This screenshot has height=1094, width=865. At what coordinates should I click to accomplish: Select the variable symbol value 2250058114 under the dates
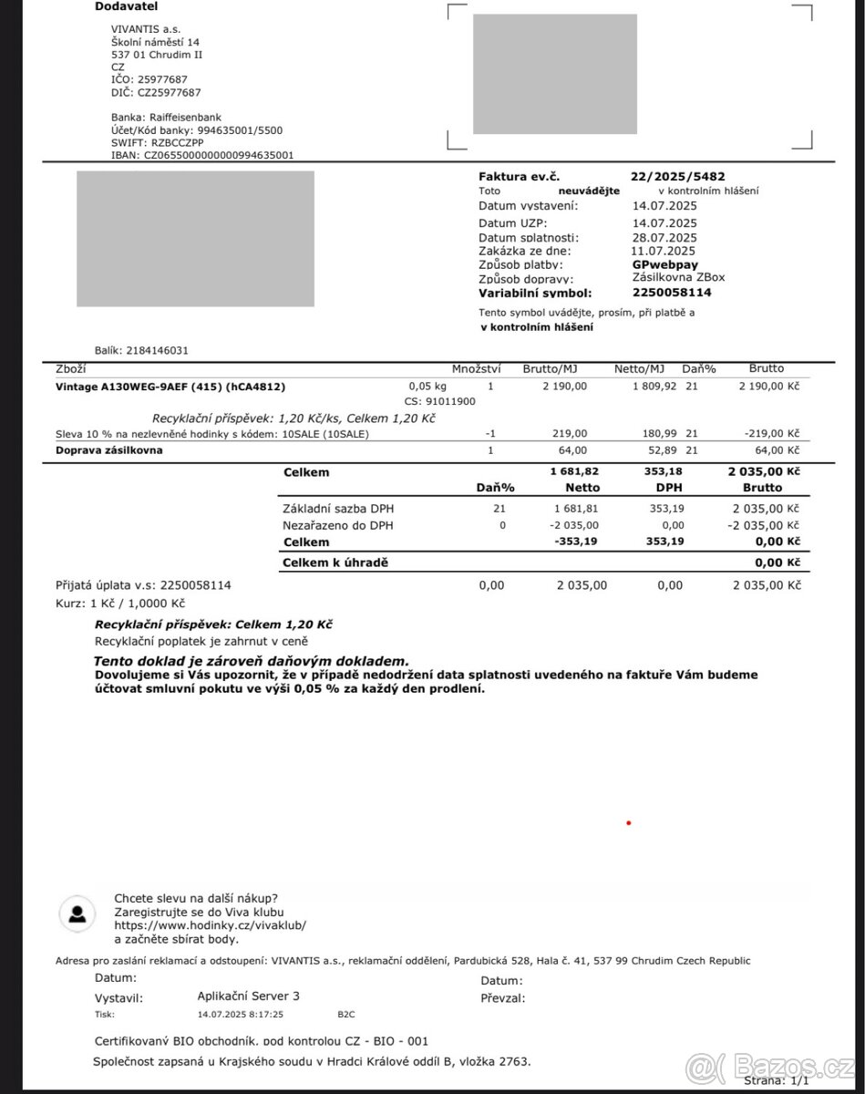click(x=672, y=293)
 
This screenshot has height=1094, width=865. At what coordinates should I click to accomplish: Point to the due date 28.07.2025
click(x=664, y=237)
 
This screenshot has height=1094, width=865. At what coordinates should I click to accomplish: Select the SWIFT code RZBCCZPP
click(x=179, y=143)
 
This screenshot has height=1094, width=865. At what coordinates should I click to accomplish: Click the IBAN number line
click(x=202, y=156)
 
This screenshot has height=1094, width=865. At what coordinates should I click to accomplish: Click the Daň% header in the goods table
click(x=698, y=369)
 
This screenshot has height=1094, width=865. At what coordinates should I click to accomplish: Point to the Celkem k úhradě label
click(x=335, y=563)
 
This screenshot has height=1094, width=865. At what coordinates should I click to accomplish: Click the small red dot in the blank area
click(x=628, y=823)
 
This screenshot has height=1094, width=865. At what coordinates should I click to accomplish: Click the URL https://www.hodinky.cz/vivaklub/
click(x=210, y=925)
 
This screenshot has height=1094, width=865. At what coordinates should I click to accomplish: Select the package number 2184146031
click(x=159, y=350)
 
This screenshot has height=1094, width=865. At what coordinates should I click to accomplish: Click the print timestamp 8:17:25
click(x=265, y=1014)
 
